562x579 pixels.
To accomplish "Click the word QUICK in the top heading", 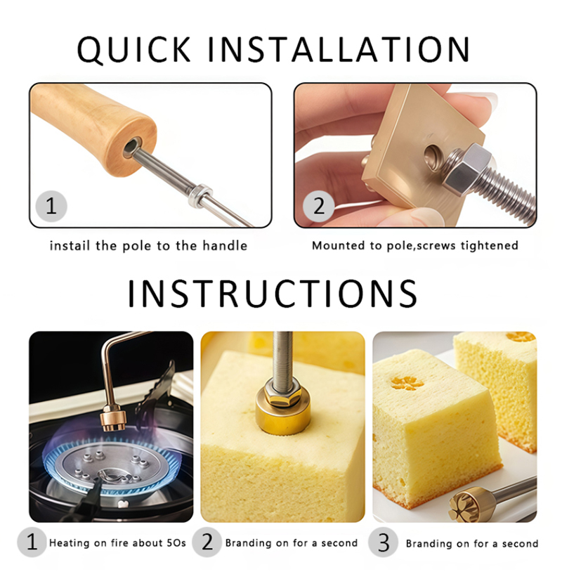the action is tap(134, 49).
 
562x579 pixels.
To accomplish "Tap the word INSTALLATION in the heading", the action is tap(339, 48).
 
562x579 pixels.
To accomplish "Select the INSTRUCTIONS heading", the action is tap(273, 294).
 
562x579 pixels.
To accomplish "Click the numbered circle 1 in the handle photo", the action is tap(51, 206).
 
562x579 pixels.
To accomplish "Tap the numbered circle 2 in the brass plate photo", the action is tap(319, 206).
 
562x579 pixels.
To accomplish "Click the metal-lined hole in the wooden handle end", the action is tap(132, 147).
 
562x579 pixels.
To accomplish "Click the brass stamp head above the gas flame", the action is tap(113, 417).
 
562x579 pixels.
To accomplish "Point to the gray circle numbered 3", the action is tap(384, 542).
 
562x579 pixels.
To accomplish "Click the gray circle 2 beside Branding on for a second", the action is tap(207, 542).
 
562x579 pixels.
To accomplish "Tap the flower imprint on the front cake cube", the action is tap(406, 383).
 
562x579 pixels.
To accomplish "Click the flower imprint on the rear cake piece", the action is tap(521, 337).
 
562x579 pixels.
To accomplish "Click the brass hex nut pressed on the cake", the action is tap(282, 394).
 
